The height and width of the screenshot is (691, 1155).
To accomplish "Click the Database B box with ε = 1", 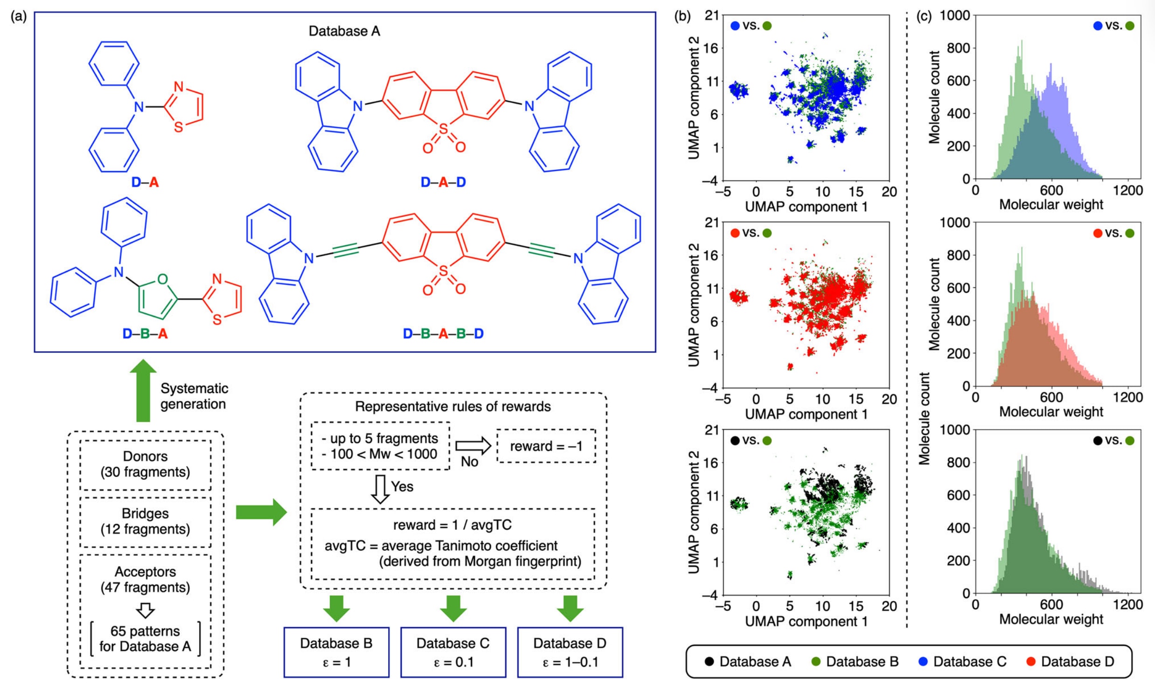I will click(336, 652).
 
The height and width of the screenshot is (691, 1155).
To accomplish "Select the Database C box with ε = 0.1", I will click(453, 652).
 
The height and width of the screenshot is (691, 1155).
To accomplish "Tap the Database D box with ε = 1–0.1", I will click(570, 652).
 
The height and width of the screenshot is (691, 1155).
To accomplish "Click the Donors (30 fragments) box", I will click(145, 464).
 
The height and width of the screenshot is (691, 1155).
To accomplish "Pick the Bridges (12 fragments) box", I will click(145, 521).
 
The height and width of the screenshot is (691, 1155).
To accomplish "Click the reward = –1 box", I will click(546, 446).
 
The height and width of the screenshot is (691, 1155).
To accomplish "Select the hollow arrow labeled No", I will click(473, 446).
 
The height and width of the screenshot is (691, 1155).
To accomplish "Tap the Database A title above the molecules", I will click(344, 31).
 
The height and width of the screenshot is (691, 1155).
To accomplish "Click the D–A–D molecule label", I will click(443, 182).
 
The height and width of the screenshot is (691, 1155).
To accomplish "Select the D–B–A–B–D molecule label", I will click(443, 334).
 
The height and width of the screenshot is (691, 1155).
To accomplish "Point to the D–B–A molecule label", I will click(145, 334).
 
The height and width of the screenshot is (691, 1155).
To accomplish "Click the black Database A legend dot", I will click(709, 662).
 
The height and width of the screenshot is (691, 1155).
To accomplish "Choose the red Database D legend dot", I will click(1031, 662).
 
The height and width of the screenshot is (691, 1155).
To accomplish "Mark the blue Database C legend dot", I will click(923, 662).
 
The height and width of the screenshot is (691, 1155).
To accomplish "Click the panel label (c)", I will click(924, 17).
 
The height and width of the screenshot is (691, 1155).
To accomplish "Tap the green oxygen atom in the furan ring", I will click(162, 279).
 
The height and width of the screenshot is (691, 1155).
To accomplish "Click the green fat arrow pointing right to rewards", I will click(261, 512).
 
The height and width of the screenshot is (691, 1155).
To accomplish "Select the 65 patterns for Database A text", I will click(145, 639).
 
